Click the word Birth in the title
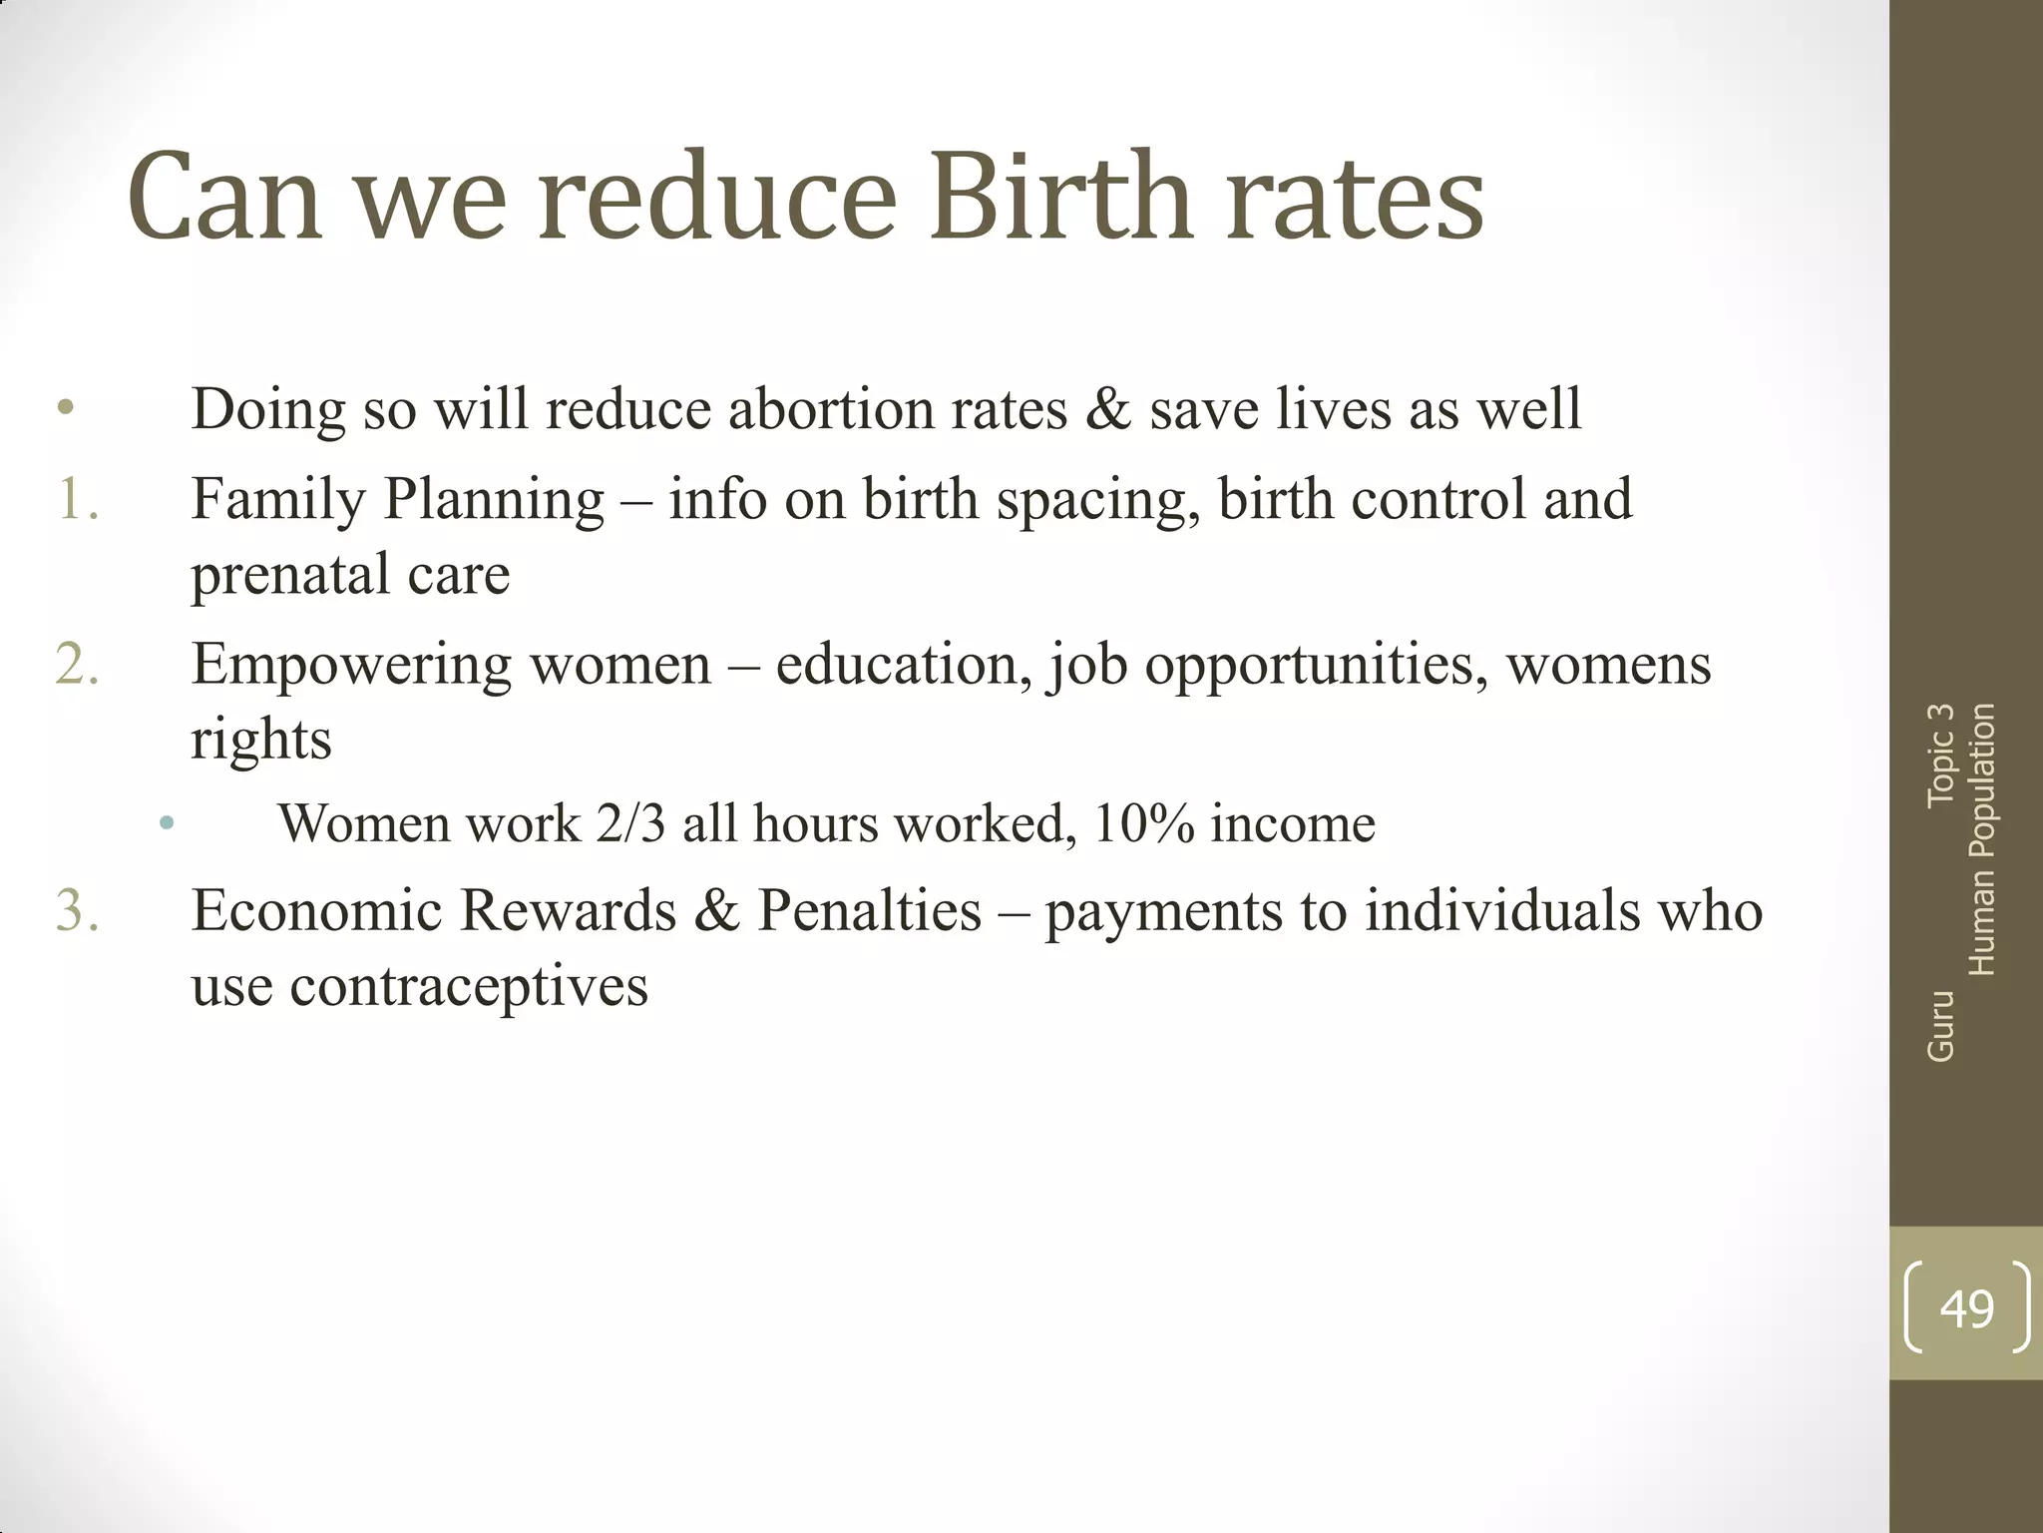pyautogui.click(x=1061, y=197)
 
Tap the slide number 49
pyautogui.click(x=1966, y=1308)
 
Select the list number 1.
pyautogui.click(x=78, y=499)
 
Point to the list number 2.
pyautogui.click(x=78, y=665)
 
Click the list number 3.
pyautogui.click(x=78, y=911)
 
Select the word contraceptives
pyautogui.click(x=469, y=987)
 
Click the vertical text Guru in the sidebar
pyautogui.click(x=1940, y=1026)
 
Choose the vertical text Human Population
pyautogui.click(x=1981, y=839)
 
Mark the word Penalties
pyautogui.click(x=870, y=911)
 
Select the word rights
pyautogui.click(x=261, y=741)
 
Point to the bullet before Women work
pyautogui.click(x=167, y=824)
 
